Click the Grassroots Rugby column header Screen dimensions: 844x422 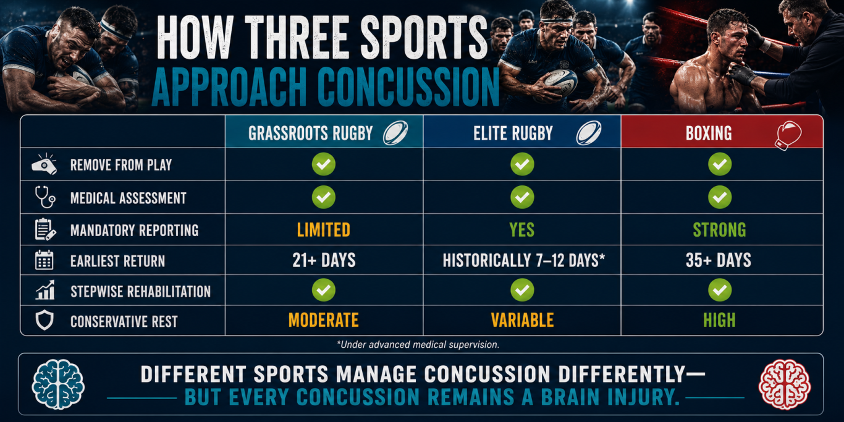tap(310, 133)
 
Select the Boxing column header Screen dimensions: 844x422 tap(709, 133)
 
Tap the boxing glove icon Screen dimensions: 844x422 tap(788, 135)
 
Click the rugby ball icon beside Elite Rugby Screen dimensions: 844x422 tap(589, 133)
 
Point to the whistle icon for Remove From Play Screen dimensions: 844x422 tap(44, 164)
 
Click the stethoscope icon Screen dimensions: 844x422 tap(45, 196)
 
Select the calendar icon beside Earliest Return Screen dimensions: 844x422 tap(44, 260)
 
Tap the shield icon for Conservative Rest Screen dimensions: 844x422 tap(44, 320)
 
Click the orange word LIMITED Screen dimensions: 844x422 tap(324, 230)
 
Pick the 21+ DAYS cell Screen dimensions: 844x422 tap(324, 260)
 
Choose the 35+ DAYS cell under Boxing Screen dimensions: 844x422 tap(719, 260)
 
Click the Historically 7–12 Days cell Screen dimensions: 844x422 tap(524, 260)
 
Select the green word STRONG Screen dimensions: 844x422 tap(720, 230)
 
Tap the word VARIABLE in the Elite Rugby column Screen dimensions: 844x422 tap(523, 320)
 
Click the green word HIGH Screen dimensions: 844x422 tap(720, 320)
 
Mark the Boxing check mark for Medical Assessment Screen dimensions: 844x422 tap(720, 197)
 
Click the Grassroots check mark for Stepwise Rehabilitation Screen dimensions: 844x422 tap(324, 290)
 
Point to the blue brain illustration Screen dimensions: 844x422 tap(58, 384)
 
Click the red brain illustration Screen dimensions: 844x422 tap(785, 384)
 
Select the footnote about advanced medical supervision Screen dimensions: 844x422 tap(418, 345)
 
